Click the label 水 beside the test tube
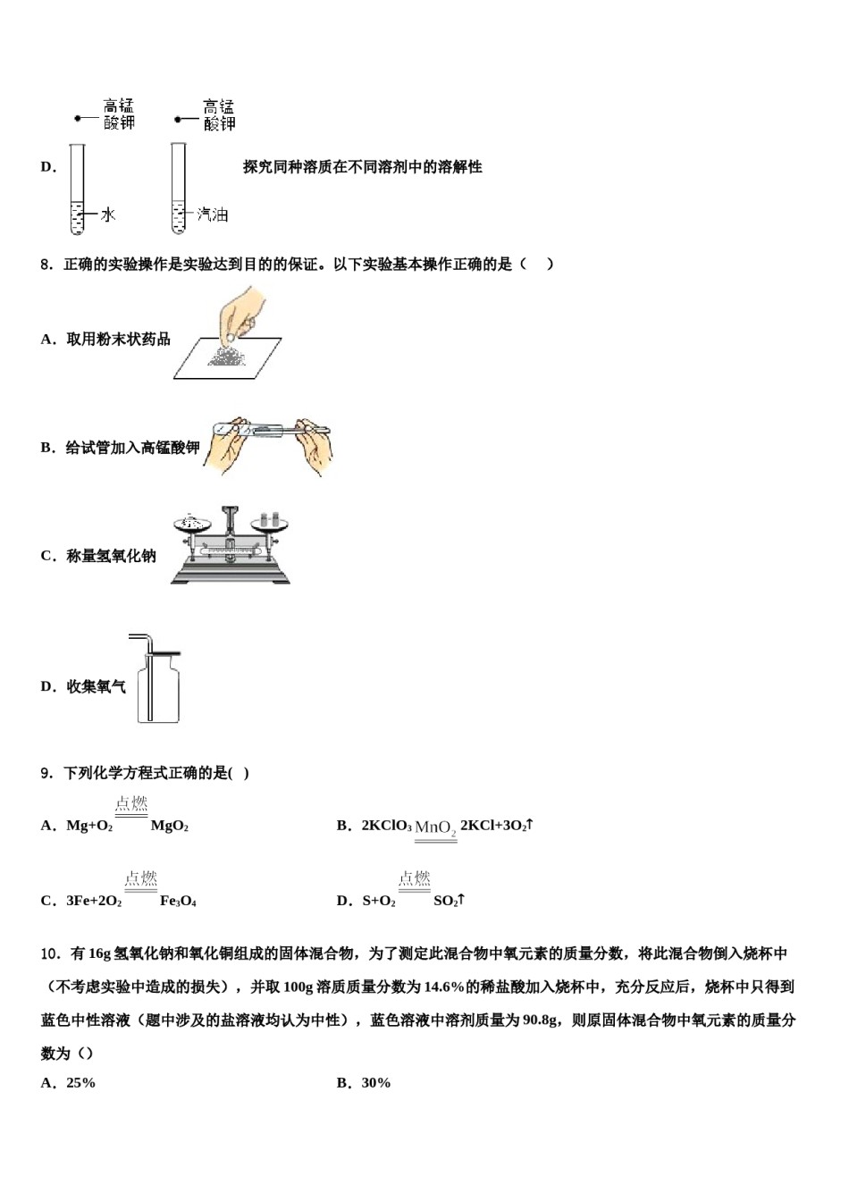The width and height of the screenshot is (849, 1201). click(108, 214)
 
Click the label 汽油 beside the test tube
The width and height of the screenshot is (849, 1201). click(213, 214)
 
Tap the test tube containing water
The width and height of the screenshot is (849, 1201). click(77, 189)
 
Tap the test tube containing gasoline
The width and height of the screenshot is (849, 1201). click(179, 189)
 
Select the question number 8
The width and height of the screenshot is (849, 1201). click(46, 265)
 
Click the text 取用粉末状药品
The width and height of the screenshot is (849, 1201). click(118, 340)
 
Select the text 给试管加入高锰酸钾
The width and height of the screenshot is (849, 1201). click(131, 448)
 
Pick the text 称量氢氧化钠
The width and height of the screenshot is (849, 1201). click(111, 556)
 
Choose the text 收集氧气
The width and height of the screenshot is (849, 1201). click(96, 686)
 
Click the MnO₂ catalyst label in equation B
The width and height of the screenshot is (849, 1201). click(435, 828)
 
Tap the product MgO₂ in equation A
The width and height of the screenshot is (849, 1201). click(169, 827)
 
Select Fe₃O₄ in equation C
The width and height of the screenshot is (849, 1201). click(178, 902)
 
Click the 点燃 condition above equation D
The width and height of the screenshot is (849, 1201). click(414, 879)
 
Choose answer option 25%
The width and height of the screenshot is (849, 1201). click(80, 1083)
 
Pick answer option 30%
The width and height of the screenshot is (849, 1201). click(375, 1083)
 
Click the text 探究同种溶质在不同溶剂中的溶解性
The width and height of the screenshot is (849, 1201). click(362, 167)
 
